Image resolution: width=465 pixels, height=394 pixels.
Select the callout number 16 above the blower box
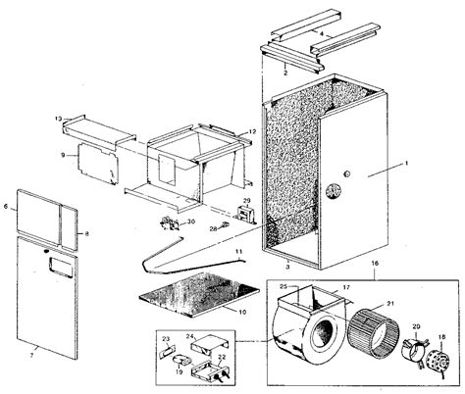374,265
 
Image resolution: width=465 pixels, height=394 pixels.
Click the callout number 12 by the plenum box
252,130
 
